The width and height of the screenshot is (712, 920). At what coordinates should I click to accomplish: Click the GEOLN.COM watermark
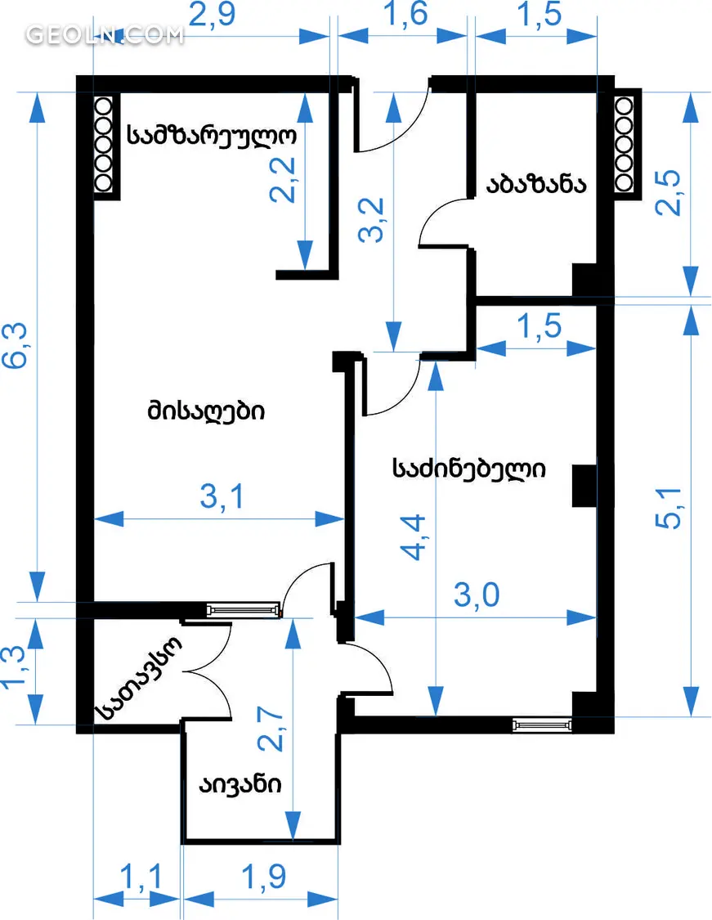pos(105,35)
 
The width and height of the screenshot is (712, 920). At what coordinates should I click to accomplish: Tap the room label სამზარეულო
pos(211,135)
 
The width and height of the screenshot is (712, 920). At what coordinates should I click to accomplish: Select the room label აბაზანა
pos(536,184)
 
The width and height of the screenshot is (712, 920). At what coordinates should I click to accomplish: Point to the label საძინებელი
pos(469,469)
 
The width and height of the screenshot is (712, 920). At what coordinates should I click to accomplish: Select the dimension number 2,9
pos(213,16)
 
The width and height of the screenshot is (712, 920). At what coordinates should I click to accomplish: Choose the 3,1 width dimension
pos(221,497)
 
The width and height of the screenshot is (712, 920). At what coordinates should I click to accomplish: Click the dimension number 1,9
pos(264,878)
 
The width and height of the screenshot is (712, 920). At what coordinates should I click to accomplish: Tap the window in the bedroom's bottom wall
pos(542,724)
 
